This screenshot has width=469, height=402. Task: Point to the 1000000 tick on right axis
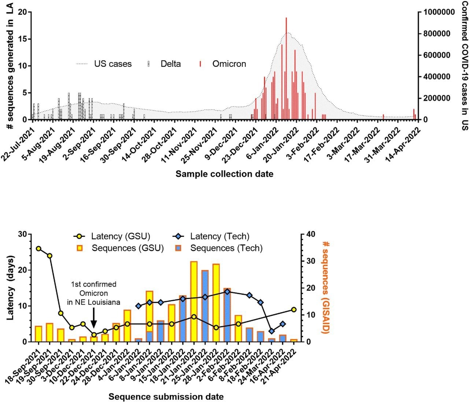pos(439,12)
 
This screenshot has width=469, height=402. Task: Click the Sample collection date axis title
pos(224,174)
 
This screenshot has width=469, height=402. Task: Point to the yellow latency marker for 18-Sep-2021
pos(38,249)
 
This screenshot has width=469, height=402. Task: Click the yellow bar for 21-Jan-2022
pos(194,301)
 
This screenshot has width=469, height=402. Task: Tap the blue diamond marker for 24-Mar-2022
pos(272,331)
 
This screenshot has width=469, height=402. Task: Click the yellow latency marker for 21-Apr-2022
pos(293,310)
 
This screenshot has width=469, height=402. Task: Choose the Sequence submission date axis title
pos(166,396)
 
